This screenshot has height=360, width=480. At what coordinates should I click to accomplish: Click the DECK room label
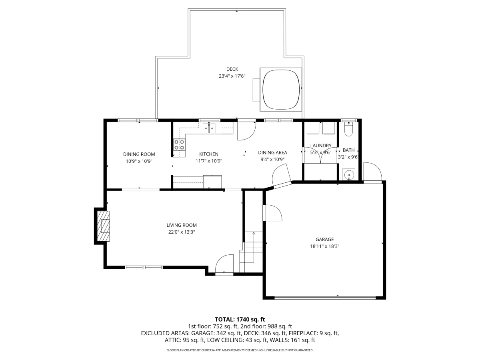pyautogui.click(x=232, y=69)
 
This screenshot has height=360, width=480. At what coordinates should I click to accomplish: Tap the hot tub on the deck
pyautogui.click(x=281, y=89)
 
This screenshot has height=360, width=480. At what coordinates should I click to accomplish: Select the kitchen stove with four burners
pyautogui.click(x=179, y=145)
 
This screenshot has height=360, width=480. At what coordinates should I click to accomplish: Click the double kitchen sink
pyautogui.click(x=209, y=128)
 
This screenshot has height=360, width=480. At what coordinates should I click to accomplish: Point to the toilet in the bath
pyautogui.click(x=348, y=129)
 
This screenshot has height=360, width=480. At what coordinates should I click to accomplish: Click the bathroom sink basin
pyautogui.click(x=349, y=175)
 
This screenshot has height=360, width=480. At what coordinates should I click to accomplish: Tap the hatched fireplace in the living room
pyautogui.click(x=103, y=226)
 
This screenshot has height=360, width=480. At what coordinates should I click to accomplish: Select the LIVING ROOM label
pyautogui.click(x=182, y=225)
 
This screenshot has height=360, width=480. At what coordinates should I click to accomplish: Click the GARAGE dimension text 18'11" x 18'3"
pyautogui.click(x=324, y=246)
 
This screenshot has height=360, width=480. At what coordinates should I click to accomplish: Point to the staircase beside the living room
pyautogui.click(x=252, y=252)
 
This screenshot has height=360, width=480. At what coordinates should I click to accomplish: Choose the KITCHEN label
pyautogui.click(x=209, y=154)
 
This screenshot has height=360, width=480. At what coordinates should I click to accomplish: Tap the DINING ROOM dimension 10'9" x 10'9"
pyautogui.click(x=139, y=161)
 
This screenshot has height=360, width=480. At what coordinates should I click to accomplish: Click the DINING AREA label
pyautogui.click(x=272, y=152)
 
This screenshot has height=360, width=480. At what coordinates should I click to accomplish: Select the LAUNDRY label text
pyautogui.click(x=321, y=146)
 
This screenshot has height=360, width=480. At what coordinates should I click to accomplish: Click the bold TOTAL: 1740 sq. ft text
pyautogui.click(x=240, y=320)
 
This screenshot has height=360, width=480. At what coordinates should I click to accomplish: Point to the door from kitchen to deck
pyautogui.click(x=247, y=130)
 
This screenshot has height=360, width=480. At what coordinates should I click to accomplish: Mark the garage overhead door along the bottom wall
pyautogui.click(x=325, y=298)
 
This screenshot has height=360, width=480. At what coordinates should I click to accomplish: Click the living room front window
pyautogui.click(x=144, y=267)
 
